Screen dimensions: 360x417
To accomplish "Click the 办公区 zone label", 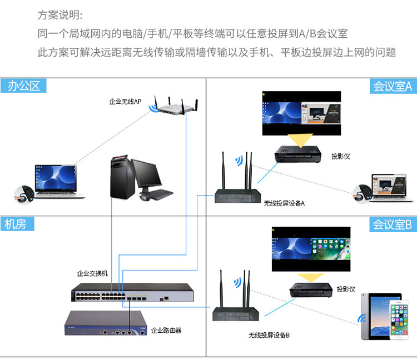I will (23, 86).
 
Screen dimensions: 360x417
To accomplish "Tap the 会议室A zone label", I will (392, 86).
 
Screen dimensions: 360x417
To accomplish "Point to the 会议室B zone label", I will (392, 224).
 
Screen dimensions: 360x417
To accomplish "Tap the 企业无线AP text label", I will (125, 102).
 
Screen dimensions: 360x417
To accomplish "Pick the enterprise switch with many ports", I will (133, 291).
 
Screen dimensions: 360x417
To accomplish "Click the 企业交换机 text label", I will (92, 274).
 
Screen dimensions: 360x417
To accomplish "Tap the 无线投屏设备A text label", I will (284, 203).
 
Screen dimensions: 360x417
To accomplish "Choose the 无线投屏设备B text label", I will (269, 336).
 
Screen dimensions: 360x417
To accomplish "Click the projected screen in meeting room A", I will (301, 113).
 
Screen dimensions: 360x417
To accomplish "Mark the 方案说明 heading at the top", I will (60, 15).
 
